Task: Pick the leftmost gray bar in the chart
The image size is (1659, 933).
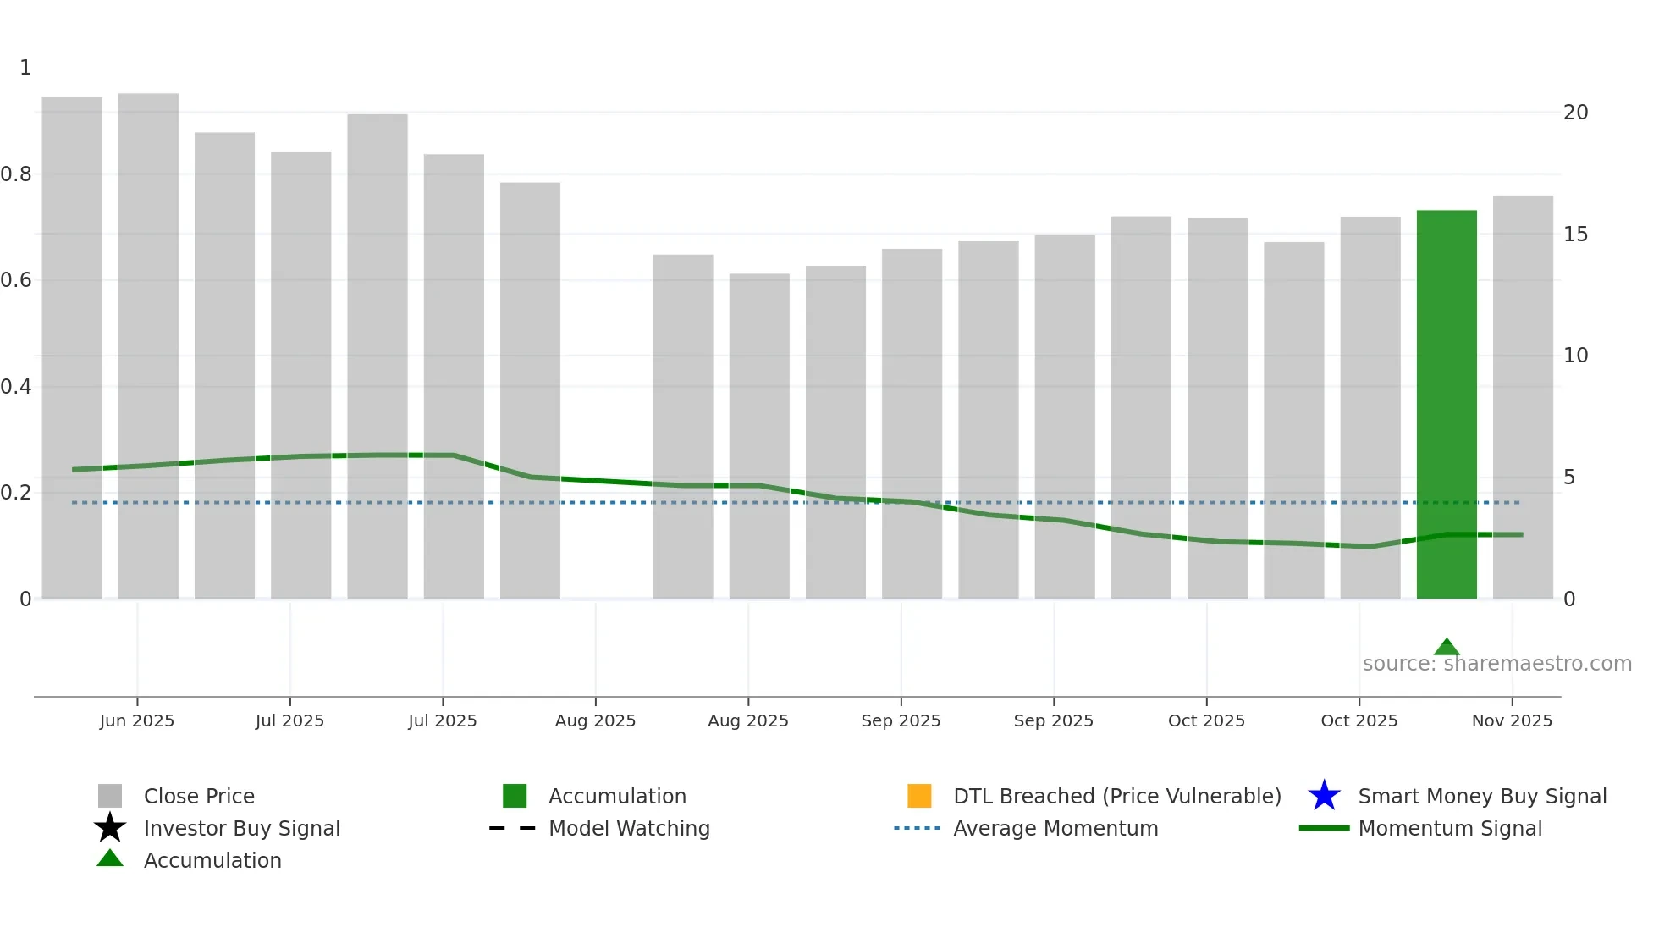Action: click(x=72, y=347)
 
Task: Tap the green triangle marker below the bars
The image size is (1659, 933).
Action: click(x=1447, y=647)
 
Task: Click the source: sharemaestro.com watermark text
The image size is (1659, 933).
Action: click(x=1496, y=664)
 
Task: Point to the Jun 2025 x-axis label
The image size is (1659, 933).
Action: click(x=137, y=720)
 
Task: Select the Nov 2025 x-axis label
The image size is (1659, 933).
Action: click(x=1512, y=720)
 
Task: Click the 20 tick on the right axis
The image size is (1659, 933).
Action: click(x=1575, y=113)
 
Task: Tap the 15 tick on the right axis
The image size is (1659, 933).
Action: click(x=1575, y=235)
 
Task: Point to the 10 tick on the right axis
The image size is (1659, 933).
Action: click(x=1575, y=356)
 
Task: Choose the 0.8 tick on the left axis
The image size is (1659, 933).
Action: click(x=16, y=174)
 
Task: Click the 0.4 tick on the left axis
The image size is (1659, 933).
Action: click(x=16, y=387)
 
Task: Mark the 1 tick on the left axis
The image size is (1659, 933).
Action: click(x=25, y=68)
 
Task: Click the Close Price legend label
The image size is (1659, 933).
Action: click(x=199, y=797)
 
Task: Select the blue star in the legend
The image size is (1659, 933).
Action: click(x=1324, y=796)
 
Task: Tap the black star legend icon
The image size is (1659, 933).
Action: click(x=110, y=828)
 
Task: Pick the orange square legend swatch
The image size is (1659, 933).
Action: click(x=919, y=796)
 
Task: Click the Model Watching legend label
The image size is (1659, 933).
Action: click(x=629, y=829)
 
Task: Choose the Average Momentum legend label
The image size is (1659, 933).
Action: click(x=1055, y=829)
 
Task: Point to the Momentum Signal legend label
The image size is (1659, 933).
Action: click(x=1450, y=829)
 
